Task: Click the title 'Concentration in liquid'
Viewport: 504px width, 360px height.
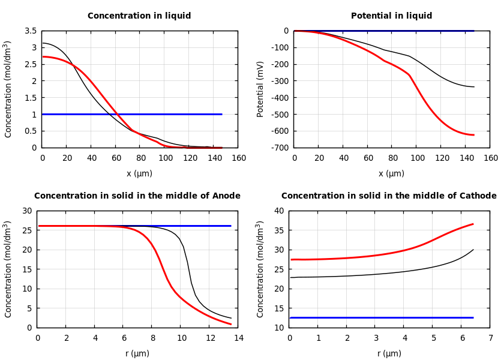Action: (x=139, y=16)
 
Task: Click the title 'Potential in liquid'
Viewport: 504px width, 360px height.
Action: (x=391, y=16)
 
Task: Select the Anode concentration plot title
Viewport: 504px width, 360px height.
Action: (x=137, y=196)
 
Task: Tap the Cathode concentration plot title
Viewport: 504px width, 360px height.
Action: (x=389, y=196)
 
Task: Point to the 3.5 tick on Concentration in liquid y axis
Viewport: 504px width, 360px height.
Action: (x=30, y=31)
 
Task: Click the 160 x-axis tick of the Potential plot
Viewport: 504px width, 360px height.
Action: (x=490, y=158)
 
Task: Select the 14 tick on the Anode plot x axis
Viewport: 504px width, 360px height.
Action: (x=238, y=338)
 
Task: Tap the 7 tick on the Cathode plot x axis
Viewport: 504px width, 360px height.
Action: (x=490, y=338)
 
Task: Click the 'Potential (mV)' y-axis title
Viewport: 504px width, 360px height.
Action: (x=260, y=89)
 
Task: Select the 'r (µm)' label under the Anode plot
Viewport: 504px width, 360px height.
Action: (x=137, y=353)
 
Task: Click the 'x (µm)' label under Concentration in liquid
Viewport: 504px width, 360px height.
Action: (x=139, y=173)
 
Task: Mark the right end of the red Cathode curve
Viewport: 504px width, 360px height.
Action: (x=473, y=224)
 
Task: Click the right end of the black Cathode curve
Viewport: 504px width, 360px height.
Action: (x=473, y=250)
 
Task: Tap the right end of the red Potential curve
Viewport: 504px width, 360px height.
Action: (x=473, y=135)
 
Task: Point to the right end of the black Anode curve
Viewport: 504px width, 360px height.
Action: (x=231, y=318)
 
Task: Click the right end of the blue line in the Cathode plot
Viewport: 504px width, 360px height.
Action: (x=473, y=317)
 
